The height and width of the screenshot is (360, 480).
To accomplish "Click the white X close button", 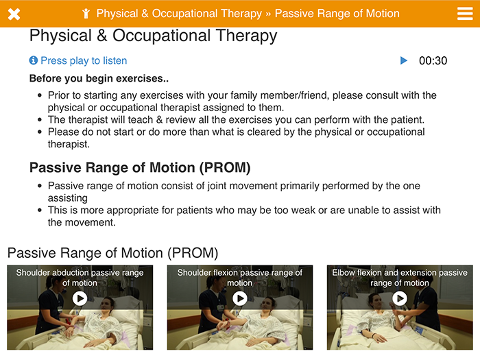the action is click(x=14, y=14).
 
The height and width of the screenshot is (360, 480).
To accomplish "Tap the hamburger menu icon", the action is click(x=465, y=14).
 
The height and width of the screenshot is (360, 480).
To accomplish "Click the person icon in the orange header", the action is click(x=86, y=14).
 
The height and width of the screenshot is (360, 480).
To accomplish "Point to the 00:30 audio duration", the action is click(x=433, y=60).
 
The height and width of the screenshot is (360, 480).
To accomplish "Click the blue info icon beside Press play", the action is click(x=34, y=60).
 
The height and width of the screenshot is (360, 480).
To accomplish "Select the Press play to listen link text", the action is click(x=84, y=60).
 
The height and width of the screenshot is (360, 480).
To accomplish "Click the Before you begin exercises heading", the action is click(x=99, y=78).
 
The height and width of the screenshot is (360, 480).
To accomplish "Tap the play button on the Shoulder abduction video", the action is click(x=80, y=298).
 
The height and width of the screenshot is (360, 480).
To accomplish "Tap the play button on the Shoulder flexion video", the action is click(x=240, y=298).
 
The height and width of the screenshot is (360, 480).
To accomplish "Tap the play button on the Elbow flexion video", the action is click(x=400, y=298).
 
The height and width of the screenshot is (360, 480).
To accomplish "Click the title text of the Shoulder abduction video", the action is click(x=80, y=278).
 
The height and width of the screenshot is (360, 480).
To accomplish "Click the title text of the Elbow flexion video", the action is click(x=400, y=278).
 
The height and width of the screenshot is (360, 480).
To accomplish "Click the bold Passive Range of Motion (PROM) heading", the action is click(x=140, y=168).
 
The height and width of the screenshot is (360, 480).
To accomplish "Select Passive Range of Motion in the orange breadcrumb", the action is click(x=337, y=14).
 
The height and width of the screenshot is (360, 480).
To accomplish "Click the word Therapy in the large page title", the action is click(x=246, y=36).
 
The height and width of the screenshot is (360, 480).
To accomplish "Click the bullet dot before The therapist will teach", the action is click(x=40, y=120).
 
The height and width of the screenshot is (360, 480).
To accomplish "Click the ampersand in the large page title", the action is click(x=102, y=35).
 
